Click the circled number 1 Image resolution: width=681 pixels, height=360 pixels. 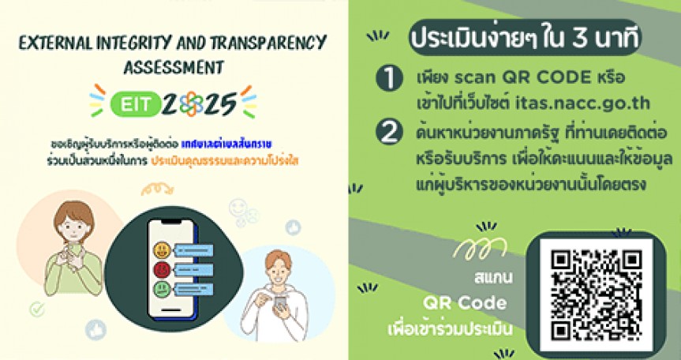pyautogui.click(x=387, y=79)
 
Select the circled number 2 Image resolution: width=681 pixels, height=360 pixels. pyautogui.click(x=387, y=133)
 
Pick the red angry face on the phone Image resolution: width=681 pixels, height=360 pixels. pyautogui.click(x=161, y=270)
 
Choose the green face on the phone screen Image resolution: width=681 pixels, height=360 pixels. pyautogui.click(x=161, y=288)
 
